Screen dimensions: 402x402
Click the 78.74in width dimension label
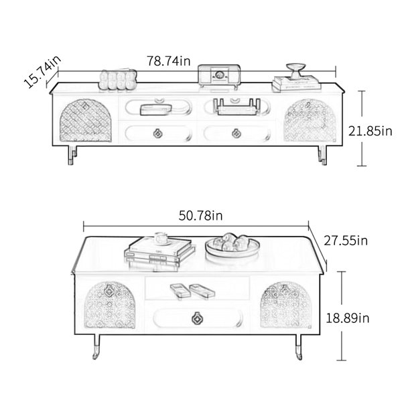pyautogui.click(x=168, y=61)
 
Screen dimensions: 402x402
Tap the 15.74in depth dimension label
pyautogui.click(x=43, y=72)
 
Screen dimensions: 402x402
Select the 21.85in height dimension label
pyautogui.click(x=370, y=131)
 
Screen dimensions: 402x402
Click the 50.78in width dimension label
pyautogui.click(x=200, y=216)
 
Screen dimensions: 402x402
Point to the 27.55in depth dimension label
pyautogui.click(x=346, y=241)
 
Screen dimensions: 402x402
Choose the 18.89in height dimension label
pyautogui.click(x=347, y=318)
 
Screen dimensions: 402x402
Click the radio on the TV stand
pyautogui.click(x=219, y=76)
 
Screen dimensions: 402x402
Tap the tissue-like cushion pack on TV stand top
pyautogui.click(x=118, y=79)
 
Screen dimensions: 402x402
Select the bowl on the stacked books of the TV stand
pyautogui.click(x=296, y=70)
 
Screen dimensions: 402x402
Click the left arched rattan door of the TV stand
pyautogui.click(x=85, y=121)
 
